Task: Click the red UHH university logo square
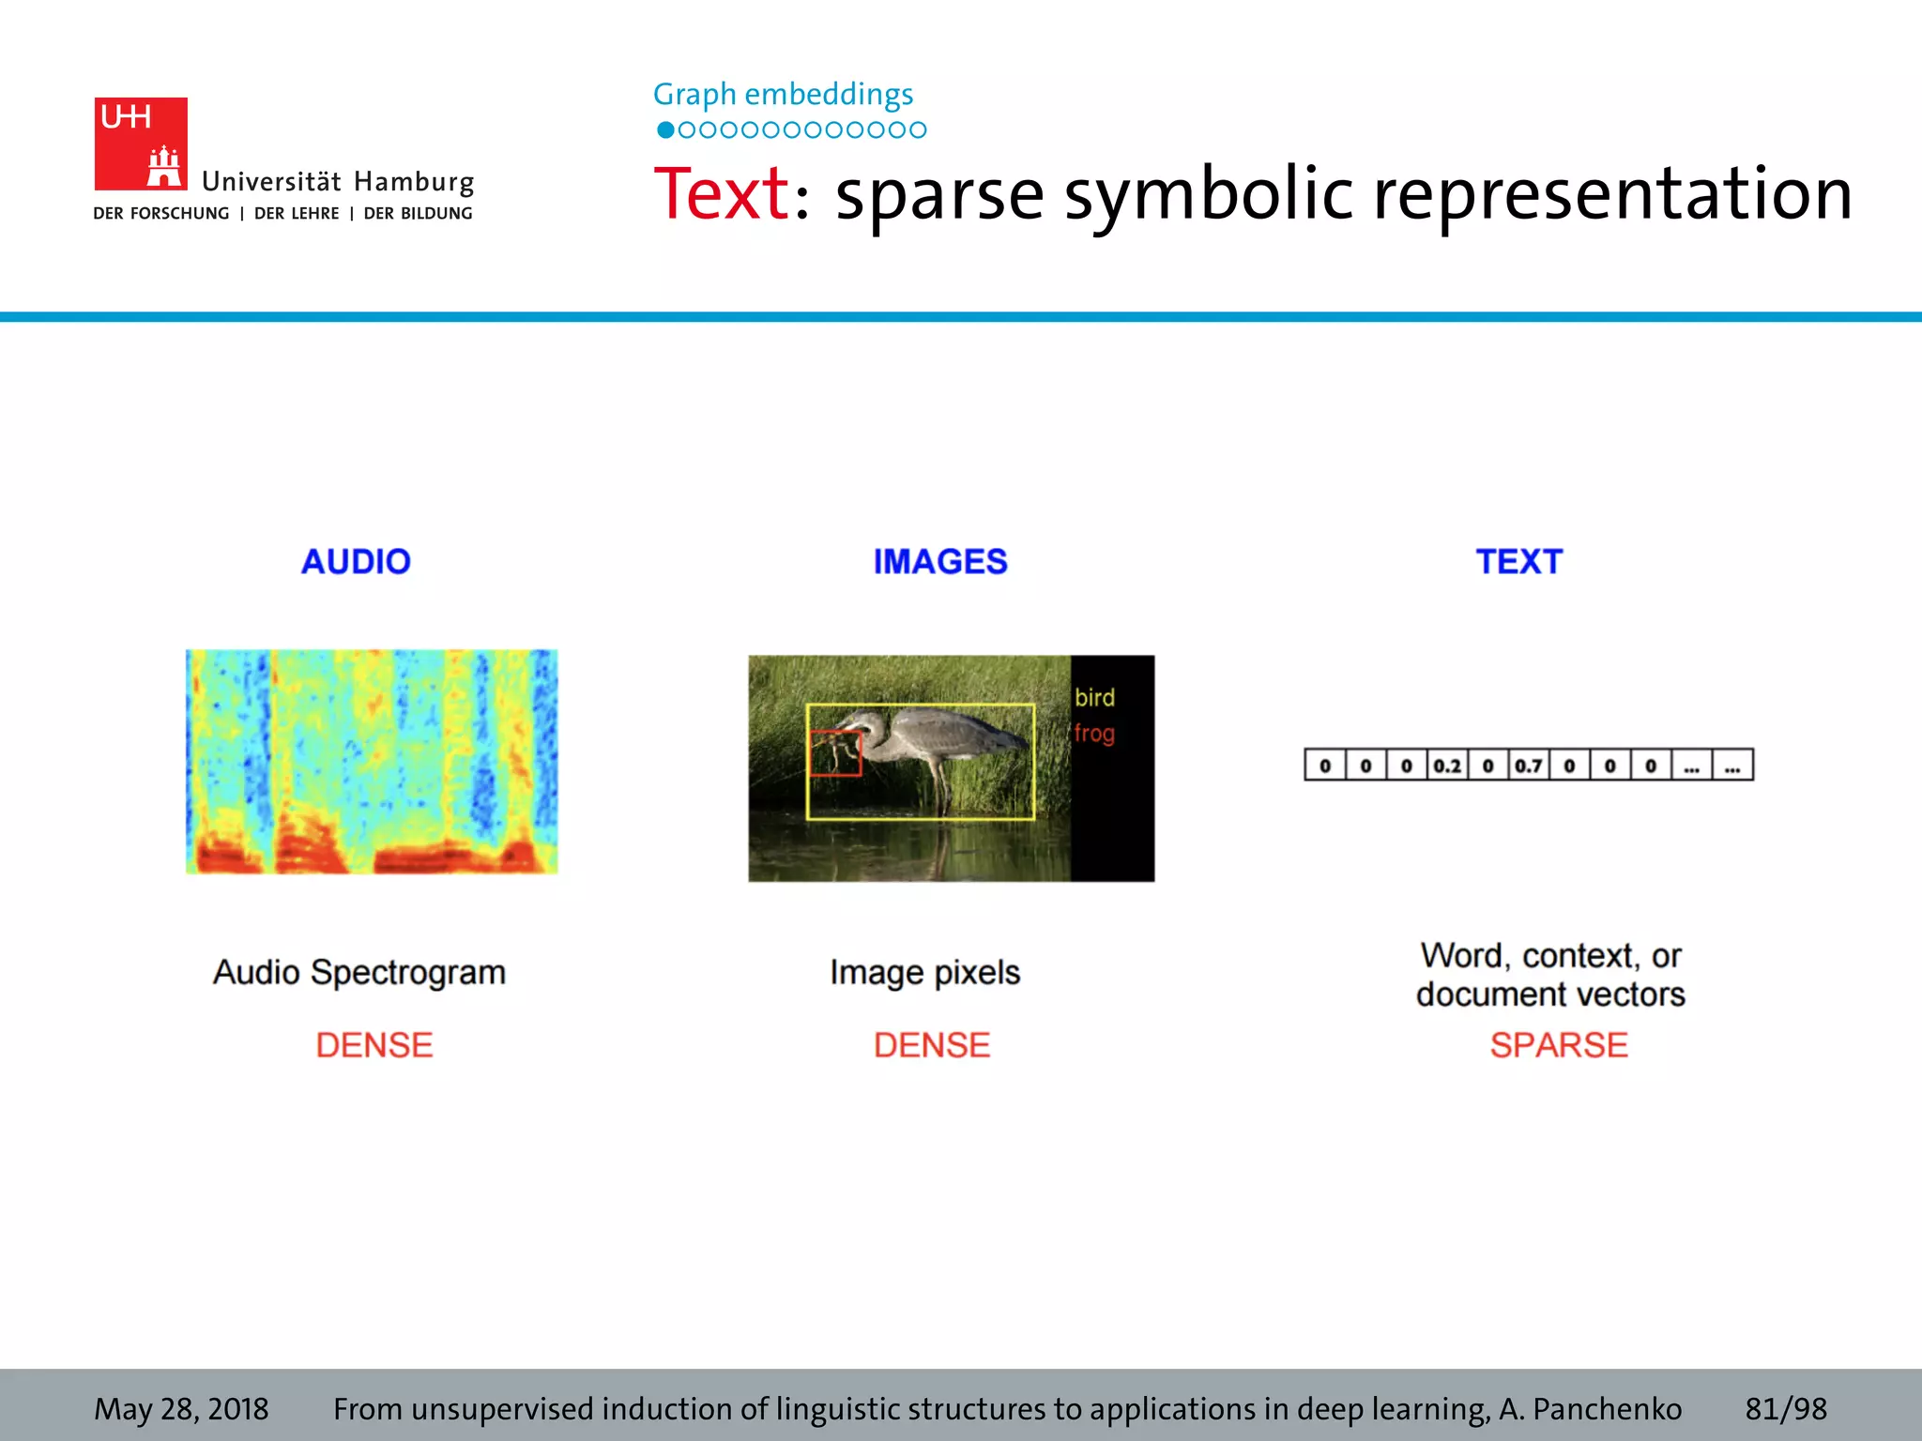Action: [x=140, y=143]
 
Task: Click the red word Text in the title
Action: [x=721, y=194]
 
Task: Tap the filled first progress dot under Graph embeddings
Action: [x=665, y=130]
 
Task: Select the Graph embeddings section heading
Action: [x=783, y=95]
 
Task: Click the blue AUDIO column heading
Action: [x=356, y=561]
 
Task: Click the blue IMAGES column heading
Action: [x=940, y=561]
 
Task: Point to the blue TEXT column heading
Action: [x=1518, y=561]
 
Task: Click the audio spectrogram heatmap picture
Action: [x=372, y=761]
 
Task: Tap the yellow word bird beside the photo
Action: [x=1094, y=698]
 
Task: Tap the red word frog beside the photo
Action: [x=1094, y=733]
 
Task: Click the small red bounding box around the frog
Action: [x=835, y=753]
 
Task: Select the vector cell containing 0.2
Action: [x=1447, y=766]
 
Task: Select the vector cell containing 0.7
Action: [x=1529, y=766]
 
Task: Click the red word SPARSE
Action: [x=1559, y=1045]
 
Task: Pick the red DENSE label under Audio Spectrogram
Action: [x=374, y=1045]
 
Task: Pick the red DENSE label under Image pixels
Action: [x=932, y=1045]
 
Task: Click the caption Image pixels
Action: [x=924, y=973]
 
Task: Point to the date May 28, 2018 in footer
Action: [x=181, y=1409]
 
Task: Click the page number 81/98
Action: [x=1786, y=1409]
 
